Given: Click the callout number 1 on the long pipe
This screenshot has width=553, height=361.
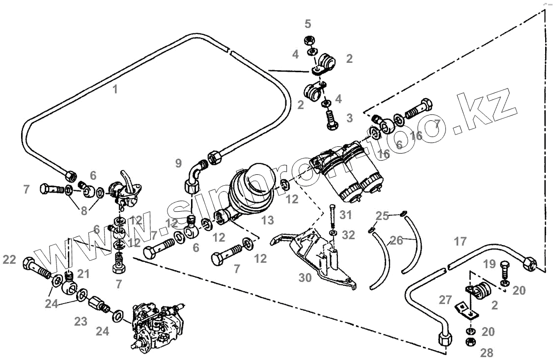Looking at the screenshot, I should [x=115, y=89].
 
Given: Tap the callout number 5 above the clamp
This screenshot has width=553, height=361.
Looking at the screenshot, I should [x=308, y=24].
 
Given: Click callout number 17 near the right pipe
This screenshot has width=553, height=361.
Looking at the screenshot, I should [x=460, y=241].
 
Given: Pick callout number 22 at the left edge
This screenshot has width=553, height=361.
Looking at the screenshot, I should [x=9, y=260].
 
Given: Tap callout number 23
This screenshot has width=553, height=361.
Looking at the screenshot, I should [x=81, y=322].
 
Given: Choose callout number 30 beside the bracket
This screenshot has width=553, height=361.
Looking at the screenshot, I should [x=306, y=278].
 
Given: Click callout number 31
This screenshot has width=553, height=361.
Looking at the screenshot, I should [x=346, y=215].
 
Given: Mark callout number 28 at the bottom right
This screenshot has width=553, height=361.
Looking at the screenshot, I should [x=487, y=352].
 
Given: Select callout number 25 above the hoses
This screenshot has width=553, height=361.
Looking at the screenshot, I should [x=383, y=215].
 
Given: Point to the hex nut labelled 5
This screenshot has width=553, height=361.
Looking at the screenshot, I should [x=309, y=39].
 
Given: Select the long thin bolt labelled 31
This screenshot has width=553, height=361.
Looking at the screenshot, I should [x=332, y=216].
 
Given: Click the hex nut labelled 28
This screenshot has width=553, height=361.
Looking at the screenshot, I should [x=470, y=342].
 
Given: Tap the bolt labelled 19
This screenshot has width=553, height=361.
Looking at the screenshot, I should [x=504, y=270].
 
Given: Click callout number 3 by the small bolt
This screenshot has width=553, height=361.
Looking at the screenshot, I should [x=349, y=118].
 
